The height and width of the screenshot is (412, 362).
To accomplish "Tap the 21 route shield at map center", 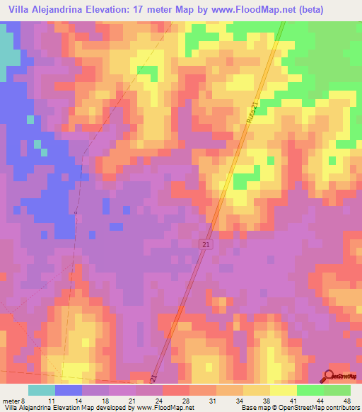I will point(205,244).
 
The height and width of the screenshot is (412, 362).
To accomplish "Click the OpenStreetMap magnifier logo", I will point(329,377).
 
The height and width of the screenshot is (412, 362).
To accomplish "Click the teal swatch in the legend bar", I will point(42,390).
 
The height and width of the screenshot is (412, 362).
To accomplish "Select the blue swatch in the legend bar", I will point(69,390).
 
